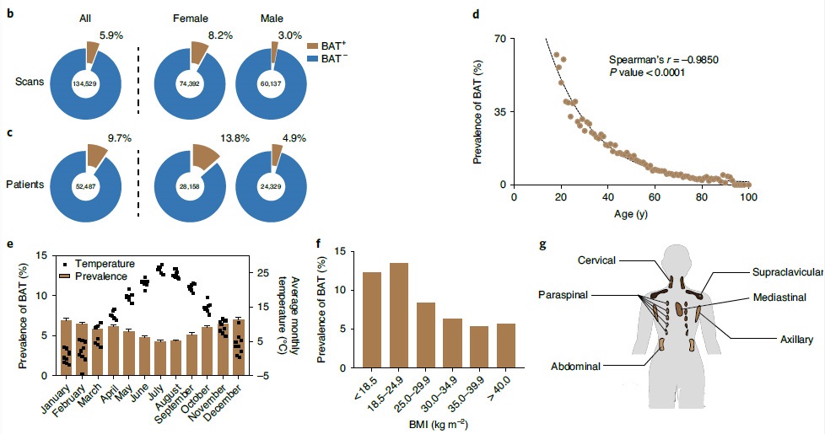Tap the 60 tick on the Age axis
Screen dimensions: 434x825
pos(655,197)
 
